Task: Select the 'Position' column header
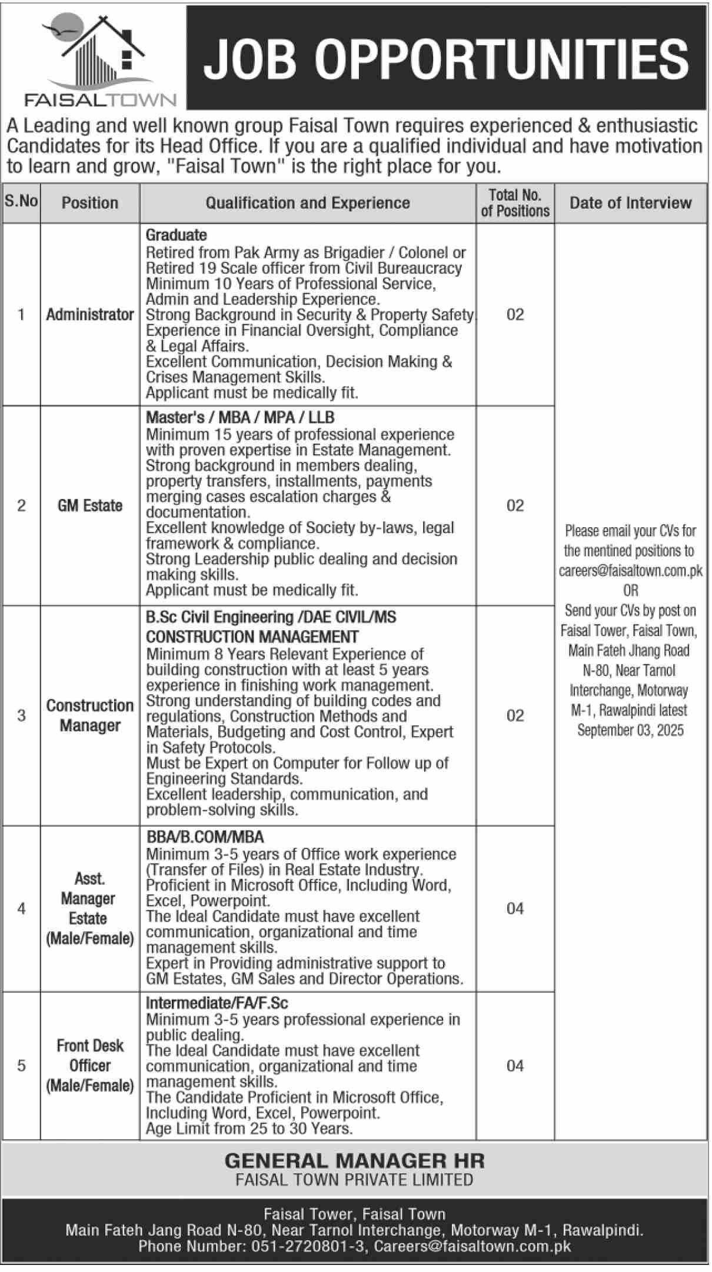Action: click(x=90, y=203)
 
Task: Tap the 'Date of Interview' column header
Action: click(x=630, y=203)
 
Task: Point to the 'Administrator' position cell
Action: click(x=90, y=315)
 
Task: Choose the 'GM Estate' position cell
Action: click(x=90, y=505)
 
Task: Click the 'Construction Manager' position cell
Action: click(x=90, y=715)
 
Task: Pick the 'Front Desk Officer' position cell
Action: click(x=90, y=1065)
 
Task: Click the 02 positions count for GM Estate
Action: click(x=515, y=505)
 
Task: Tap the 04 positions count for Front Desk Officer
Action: click(x=515, y=1065)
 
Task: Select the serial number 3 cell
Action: click(x=22, y=715)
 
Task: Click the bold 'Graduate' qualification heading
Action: click(x=177, y=235)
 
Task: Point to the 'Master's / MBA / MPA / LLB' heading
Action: click(x=240, y=418)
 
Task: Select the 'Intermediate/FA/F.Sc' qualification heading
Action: click(x=217, y=1003)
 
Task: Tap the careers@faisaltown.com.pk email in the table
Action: click(x=630, y=571)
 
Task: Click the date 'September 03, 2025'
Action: click(x=630, y=730)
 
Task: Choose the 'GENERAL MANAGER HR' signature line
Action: click(x=354, y=1161)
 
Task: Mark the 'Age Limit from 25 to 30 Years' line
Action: click(x=249, y=1128)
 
